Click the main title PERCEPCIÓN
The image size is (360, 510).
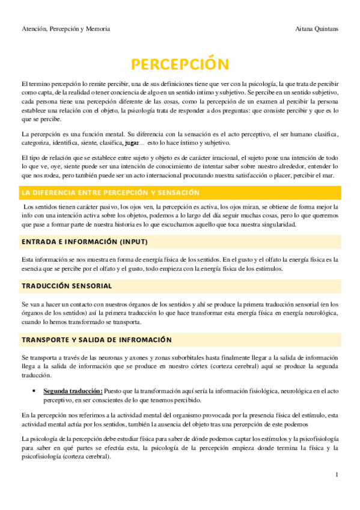[x=180, y=64]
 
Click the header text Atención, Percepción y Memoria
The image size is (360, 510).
[x=66, y=29]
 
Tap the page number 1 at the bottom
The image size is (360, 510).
[x=338, y=475]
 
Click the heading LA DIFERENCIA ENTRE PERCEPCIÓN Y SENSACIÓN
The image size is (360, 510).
[x=110, y=192]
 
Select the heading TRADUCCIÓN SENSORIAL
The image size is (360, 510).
[x=67, y=285]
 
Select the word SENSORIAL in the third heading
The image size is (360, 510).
[x=91, y=285]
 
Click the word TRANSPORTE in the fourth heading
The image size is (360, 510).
[x=44, y=340]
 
